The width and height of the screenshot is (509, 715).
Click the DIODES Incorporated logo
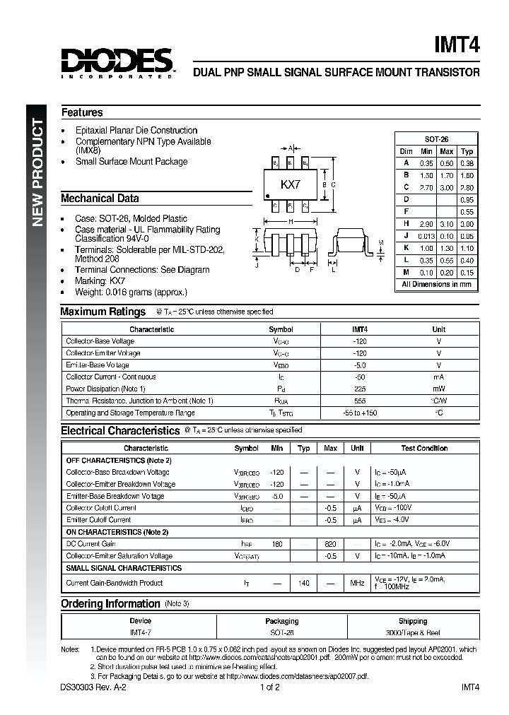[x=117, y=62]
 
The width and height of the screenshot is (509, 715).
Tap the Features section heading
[x=81, y=112]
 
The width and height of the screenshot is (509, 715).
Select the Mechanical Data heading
[x=100, y=199]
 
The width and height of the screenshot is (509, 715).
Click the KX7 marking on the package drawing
[x=291, y=184]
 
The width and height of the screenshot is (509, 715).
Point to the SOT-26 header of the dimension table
[x=436, y=140]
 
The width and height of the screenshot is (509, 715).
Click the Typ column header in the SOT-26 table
[x=467, y=151]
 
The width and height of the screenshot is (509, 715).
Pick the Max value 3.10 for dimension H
[x=446, y=223]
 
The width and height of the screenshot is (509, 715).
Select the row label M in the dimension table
[x=406, y=273]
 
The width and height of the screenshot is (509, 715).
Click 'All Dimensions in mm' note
[x=436, y=284]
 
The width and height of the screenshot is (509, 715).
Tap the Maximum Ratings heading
[x=103, y=312]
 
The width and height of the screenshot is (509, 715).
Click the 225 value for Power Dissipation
[x=360, y=389]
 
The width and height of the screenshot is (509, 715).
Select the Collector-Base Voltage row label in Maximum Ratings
[x=100, y=341]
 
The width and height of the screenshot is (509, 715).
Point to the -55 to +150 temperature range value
[x=360, y=413]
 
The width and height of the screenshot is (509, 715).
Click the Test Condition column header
[x=424, y=448]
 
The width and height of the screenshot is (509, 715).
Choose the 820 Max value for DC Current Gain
[x=330, y=544]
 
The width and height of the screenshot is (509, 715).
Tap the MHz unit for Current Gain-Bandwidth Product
[x=357, y=583]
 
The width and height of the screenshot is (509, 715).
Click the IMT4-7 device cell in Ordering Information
[x=141, y=633]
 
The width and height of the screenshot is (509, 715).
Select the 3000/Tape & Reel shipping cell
[x=413, y=633]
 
